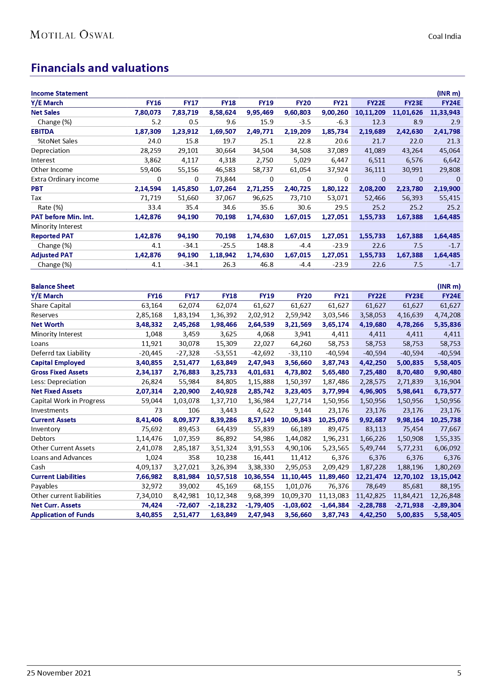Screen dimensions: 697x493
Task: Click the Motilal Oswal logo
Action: tap(72, 35)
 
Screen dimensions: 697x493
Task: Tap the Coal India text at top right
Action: tap(444, 37)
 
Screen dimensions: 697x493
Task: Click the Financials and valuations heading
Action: tap(100, 68)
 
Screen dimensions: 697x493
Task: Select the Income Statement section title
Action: tap(59, 93)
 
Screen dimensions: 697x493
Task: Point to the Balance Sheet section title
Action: tap(52, 286)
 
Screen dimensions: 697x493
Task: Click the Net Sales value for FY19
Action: tap(260, 112)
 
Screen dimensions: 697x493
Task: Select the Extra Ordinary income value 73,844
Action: tap(225, 179)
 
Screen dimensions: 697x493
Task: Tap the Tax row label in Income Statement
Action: tap(36, 198)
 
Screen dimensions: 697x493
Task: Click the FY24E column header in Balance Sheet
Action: tap(451, 296)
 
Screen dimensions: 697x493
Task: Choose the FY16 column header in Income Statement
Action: tap(153, 103)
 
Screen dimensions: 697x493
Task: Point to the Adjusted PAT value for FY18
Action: tap(222, 255)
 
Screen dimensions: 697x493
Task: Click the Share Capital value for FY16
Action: tap(152, 305)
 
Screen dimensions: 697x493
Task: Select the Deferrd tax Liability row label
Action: tap(61, 353)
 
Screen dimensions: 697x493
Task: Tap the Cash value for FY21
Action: tap(335, 467)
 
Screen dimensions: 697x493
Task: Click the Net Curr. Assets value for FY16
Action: tap(152, 505)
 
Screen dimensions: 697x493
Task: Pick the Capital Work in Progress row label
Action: tap(68, 401)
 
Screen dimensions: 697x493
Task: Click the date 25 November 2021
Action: tap(59, 673)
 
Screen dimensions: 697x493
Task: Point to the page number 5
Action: tap(459, 673)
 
